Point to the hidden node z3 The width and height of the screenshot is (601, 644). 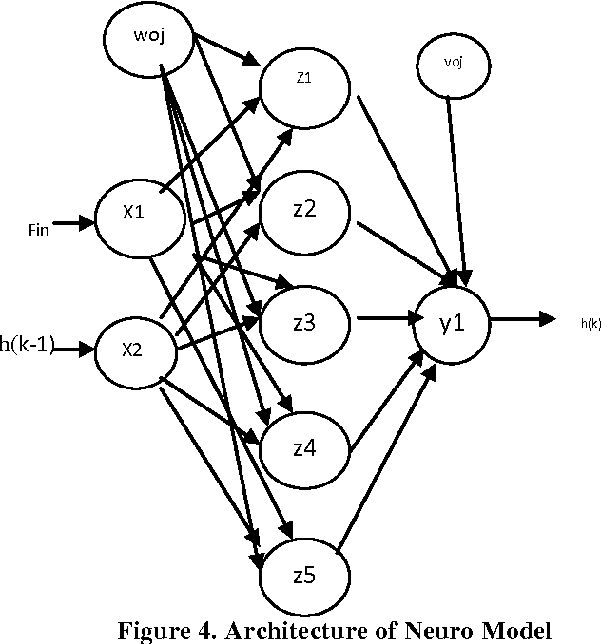point(305,323)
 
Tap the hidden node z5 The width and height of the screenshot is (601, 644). point(303,571)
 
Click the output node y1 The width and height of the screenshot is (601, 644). point(451,323)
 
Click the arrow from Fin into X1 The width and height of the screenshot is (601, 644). point(75,224)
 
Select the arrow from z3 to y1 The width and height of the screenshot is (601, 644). point(385,321)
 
